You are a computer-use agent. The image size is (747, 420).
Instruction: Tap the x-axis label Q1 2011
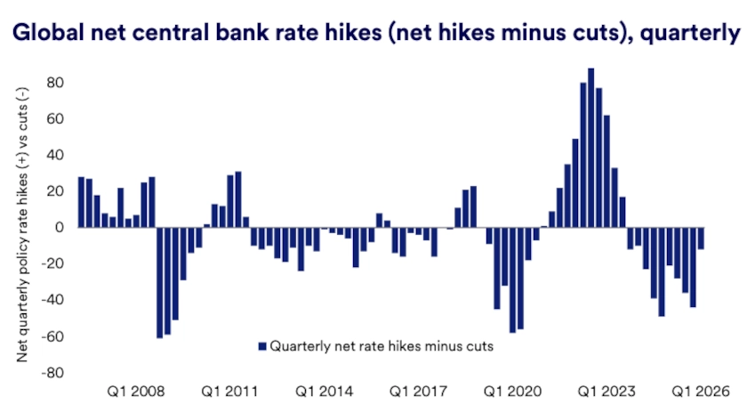pos(229,392)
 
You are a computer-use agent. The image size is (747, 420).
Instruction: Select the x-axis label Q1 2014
pos(325,392)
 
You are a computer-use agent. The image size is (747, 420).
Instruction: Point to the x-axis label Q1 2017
pos(420,392)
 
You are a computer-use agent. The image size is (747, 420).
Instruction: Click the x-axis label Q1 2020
pos(513,392)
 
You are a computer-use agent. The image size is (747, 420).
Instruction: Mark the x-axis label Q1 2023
pos(607,392)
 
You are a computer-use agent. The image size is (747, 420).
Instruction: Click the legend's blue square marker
pos(261,346)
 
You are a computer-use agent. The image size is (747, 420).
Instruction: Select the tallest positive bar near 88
pos(591,148)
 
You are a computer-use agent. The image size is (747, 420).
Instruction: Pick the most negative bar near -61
pos(159,283)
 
